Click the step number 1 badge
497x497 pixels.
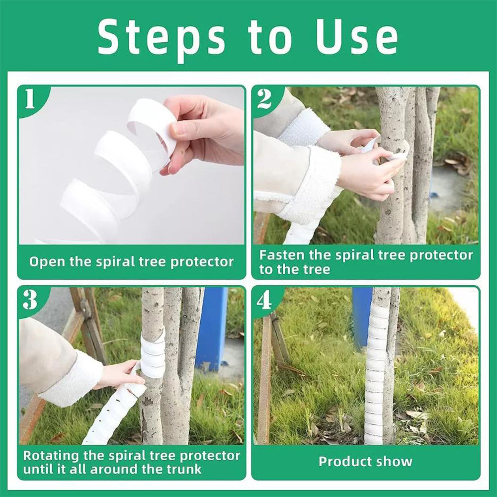click(x=30, y=99)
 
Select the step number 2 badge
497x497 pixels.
click(x=264, y=99)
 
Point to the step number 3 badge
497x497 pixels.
click(x=30, y=300)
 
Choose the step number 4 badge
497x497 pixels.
click(x=264, y=300)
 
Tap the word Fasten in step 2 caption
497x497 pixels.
click(x=281, y=255)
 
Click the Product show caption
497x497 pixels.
click(x=365, y=461)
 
